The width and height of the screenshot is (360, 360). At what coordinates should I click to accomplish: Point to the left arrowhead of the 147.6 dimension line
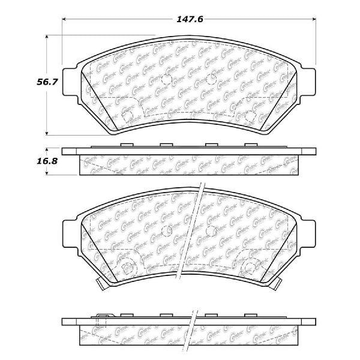pos(65,19)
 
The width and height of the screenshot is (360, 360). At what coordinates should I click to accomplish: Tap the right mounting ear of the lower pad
pos(308,230)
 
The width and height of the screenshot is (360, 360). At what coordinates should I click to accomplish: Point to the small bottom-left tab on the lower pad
pos(88,284)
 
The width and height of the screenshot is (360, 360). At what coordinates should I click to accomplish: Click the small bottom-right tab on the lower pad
pos(291,284)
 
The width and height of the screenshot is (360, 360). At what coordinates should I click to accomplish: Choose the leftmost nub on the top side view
pos(126,145)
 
